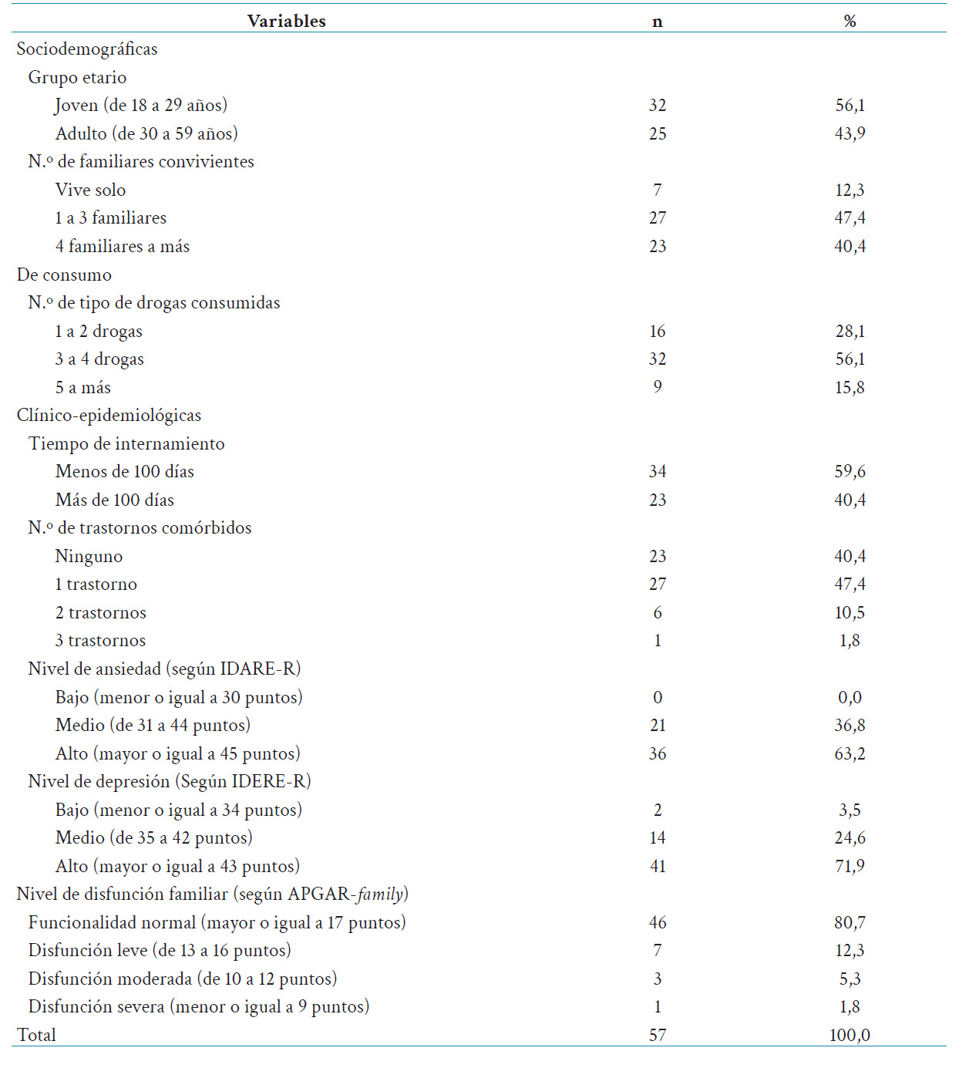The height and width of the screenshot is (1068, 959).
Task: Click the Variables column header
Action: click(x=287, y=21)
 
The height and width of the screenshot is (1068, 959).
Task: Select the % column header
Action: click(x=850, y=21)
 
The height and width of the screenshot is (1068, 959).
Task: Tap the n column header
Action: click(x=657, y=22)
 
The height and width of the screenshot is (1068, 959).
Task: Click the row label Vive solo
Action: click(x=90, y=190)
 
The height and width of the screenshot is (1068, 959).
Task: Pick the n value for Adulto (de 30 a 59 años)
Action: click(x=657, y=133)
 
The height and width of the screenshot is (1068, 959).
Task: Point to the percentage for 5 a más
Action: click(x=850, y=387)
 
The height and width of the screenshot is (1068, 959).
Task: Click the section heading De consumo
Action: click(x=64, y=275)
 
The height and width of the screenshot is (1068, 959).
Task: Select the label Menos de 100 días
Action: click(x=124, y=471)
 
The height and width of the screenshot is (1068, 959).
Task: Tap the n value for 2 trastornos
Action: click(x=657, y=612)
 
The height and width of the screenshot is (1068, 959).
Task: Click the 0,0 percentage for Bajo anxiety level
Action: click(x=850, y=697)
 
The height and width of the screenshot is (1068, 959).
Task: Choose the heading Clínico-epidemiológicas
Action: click(x=109, y=415)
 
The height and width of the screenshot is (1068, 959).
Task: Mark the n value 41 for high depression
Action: click(x=657, y=866)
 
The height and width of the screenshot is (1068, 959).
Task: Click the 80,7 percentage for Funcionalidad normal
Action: click(x=850, y=922)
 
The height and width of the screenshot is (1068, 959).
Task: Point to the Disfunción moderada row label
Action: click(x=183, y=979)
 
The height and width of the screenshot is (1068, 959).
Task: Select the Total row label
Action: click(x=36, y=1035)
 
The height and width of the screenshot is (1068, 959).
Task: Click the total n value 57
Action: click(x=657, y=1035)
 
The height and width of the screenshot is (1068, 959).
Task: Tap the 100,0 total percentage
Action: click(x=850, y=1035)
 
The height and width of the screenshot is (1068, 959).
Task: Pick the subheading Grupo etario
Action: click(x=77, y=77)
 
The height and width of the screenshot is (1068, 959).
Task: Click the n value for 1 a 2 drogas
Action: click(x=657, y=331)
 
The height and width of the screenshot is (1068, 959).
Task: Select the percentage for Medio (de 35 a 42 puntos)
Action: click(x=850, y=837)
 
